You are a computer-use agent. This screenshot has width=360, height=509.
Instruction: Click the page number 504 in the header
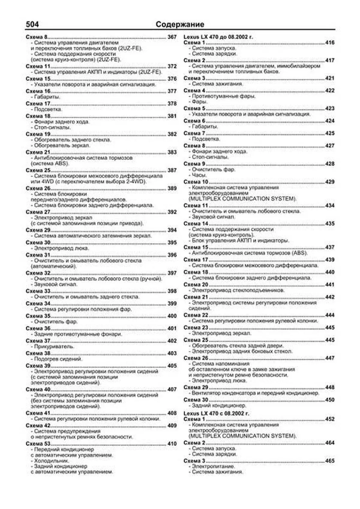tap(32, 24)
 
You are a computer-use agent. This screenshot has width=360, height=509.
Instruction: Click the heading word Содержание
tap(180, 25)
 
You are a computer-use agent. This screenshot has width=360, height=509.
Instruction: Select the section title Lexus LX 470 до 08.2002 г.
tap(218, 37)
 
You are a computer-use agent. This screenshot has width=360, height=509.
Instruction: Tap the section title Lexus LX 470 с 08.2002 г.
tap(216, 413)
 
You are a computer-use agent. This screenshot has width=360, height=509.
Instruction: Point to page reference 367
tap(172, 37)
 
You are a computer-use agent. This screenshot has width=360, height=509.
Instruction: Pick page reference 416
tap(330, 43)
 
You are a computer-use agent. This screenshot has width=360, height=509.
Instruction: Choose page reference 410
tap(172, 444)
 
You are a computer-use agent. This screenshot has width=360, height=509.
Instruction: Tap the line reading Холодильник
tap(51, 461)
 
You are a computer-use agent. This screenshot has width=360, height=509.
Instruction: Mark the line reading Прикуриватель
tap(54, 346)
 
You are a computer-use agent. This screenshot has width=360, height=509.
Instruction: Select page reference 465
tap(330, 461)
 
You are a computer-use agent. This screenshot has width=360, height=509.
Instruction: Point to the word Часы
tap(199, 175)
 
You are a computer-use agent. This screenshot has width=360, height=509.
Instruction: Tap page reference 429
tap(330, 182)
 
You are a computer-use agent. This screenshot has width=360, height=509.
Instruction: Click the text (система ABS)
tap(50, 163)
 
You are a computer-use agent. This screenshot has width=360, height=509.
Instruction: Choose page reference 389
tap(172, 188)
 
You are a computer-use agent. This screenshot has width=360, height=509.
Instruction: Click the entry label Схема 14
tap(196, 223)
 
